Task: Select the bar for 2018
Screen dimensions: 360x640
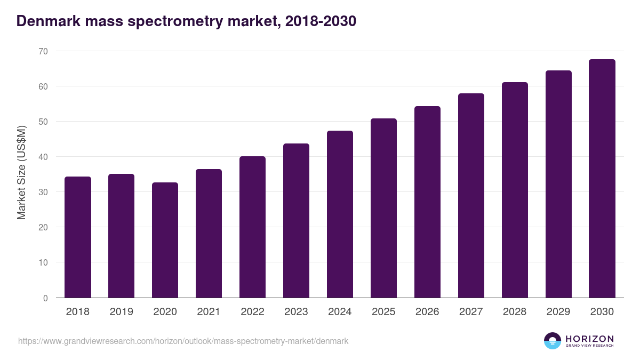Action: [x=78, y=237]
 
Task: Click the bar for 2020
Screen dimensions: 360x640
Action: [x=165, y=240]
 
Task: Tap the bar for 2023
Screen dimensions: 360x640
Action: [x=296, y=221]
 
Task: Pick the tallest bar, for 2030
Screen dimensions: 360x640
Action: [x=602, y=179]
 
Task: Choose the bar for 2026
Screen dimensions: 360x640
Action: [x=427, y=202]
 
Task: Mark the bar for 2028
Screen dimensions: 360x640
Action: [x=515, y=190]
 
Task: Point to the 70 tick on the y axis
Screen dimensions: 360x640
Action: [x=42, y=51]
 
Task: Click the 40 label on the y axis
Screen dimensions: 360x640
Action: [x=42, y=157]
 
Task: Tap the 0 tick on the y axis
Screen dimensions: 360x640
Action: [x=45, y=298]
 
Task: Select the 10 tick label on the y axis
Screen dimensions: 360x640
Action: [x=42, y=262]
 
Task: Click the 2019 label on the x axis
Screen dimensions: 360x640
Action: [x=122, y=312]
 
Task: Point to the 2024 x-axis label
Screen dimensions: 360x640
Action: [x=340, y=312]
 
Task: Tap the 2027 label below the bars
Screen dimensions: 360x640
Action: [x=471, y=312]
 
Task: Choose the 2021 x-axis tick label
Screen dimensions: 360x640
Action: [x=209, y=312]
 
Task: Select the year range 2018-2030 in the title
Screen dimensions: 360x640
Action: [x=321, y=21]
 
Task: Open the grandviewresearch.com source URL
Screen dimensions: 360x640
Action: [x=183, y=341]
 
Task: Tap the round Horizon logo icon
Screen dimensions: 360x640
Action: [x=553, y=341]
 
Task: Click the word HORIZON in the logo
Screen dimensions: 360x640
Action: [x=589, y=339]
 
